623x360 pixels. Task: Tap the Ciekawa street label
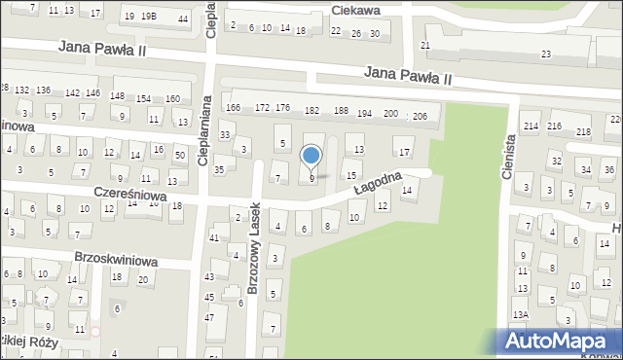355,10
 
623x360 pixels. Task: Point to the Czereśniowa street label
129,195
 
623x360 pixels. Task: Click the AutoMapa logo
560,341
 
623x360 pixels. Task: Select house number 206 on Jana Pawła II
420,116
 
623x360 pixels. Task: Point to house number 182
312,111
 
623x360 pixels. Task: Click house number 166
233,107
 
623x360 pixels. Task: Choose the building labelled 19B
148,17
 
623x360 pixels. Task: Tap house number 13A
522,315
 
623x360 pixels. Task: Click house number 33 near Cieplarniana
225,134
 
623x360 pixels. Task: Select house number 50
179,156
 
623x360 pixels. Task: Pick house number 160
172,98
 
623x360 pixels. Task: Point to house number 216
554,127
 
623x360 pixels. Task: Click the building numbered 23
546,54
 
